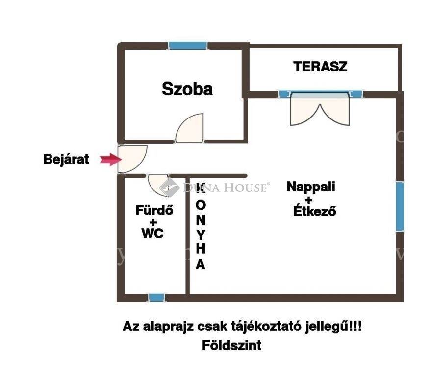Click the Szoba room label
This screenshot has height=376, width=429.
[187, 89]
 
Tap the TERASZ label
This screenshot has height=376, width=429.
[320, 67]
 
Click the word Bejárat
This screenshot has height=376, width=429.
[66, 159]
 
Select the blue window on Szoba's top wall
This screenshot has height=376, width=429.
[188, 46]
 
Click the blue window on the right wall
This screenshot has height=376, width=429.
[400, 207]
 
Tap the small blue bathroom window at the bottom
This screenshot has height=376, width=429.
[156, 298]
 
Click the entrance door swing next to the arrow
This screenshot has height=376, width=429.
[132, 159]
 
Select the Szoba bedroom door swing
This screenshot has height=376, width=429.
[190, 128]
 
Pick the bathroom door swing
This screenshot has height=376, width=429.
[158, 185]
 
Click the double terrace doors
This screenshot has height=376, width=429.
[320, 109]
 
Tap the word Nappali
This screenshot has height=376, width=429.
[311, 187]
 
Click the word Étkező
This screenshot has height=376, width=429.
[315, 211]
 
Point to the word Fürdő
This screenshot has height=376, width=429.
[154, 210]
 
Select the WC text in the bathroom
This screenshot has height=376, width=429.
[152, 234]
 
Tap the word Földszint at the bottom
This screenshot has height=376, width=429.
[231, 345]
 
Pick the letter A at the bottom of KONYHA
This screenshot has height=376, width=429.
[201, 264]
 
